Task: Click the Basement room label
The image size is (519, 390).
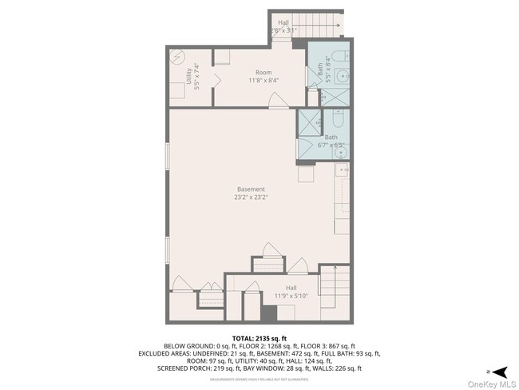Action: coord(251,189)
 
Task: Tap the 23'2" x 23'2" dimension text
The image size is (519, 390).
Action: coord(251,197)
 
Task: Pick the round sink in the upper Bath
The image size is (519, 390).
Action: coord(343,77)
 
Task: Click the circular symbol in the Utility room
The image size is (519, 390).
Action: coord(176,58)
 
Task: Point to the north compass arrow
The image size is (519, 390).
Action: coord(500,372)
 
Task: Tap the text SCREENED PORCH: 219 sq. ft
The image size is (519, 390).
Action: coord(208,368)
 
